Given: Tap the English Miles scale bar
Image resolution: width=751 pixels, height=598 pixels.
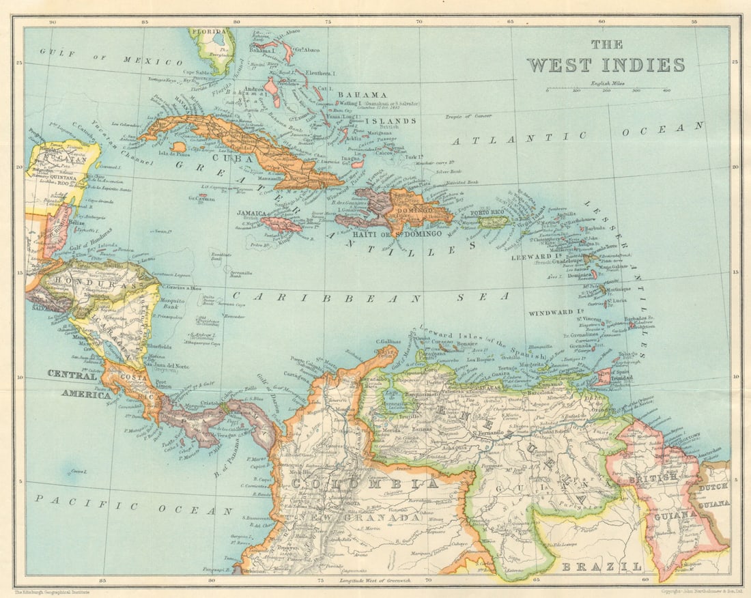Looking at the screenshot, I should click(608, 89).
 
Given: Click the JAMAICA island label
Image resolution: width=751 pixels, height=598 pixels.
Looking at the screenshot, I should click(251, 214).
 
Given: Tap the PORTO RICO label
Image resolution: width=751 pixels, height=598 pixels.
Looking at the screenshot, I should click(487, 212).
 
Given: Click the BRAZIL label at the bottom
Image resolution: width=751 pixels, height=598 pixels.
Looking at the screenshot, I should click(601, 567).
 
